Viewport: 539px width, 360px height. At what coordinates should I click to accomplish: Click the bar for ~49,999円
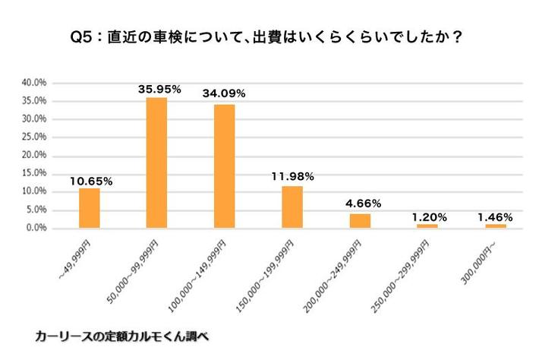pyautogui.click(x=90, y=208)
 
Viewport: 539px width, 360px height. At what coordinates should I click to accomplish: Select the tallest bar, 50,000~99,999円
pyautogui.click(x=156, y=163)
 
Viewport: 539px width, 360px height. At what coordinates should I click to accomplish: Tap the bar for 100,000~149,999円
pyautogui.click(x=224, y=166)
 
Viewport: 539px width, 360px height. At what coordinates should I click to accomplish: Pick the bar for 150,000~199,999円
pyautogui.click(x=292, y=207)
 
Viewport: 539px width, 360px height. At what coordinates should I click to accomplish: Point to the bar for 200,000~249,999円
pyautogui.click(x=360, y=220)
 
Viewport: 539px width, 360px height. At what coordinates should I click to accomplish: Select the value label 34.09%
pyautogui.click(x=224, y=94)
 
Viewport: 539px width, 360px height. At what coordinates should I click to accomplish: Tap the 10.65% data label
pyautogui.click(x=91, y=181)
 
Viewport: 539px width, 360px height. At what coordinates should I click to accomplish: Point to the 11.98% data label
pyautogui.click(x=292, y=177)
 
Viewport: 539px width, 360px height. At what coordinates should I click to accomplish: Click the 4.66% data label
pyautogui.click(x=361, y=204)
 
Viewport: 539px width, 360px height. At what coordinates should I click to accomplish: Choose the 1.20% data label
pyautogui.click(x=427, y=216)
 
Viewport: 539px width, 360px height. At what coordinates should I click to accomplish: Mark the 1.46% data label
pyautogui.click(x=494, y=216)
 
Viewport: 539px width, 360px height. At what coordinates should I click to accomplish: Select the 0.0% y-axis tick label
pyautogui.click(x=36, y=228)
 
